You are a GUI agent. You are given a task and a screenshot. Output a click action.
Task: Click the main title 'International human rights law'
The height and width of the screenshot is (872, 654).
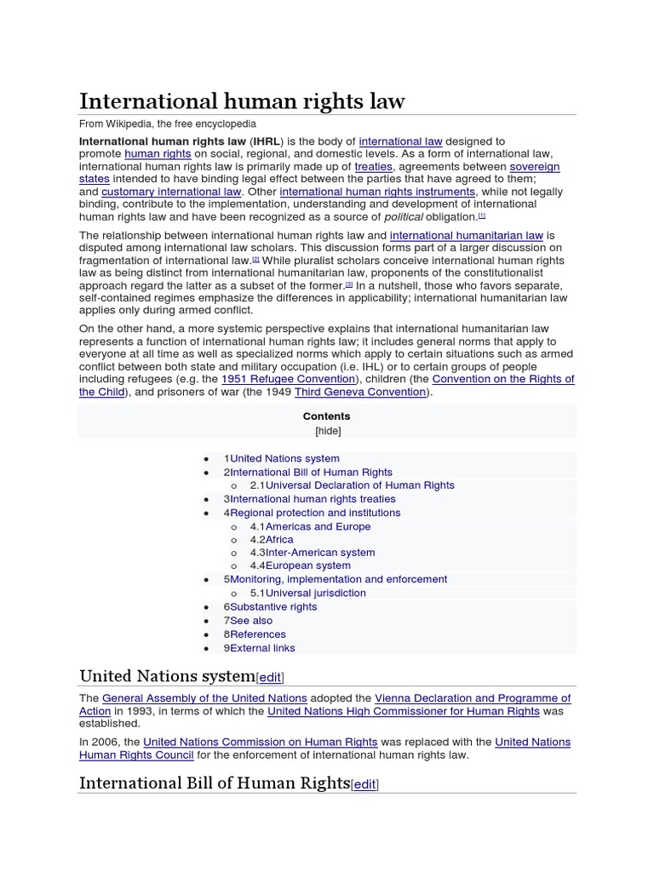click(x=242, y=101)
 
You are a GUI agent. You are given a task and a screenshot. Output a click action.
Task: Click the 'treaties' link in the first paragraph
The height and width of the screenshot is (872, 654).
click(x=373, y=167)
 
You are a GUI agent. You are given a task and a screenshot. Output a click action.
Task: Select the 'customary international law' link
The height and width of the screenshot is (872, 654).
click(x=171, y=192)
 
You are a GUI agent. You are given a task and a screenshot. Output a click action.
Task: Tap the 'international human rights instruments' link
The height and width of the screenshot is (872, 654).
click(x=377, y=192)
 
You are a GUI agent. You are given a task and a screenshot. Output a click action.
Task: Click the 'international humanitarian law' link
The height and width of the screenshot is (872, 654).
click(x=466, y=235)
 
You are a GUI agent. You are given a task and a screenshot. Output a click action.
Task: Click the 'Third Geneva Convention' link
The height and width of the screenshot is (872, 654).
click(x=360, y=392)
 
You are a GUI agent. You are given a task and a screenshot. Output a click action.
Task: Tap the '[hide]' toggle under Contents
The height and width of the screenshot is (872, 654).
click(x=327, y=431)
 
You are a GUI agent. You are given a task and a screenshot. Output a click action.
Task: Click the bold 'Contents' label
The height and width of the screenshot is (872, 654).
click(x=327, y=416)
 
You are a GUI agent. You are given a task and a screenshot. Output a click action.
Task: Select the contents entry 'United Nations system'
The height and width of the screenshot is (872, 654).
click(x=284, y=458)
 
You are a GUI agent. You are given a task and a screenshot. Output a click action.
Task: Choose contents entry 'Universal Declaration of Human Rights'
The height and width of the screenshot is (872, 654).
click(x=359, y=485)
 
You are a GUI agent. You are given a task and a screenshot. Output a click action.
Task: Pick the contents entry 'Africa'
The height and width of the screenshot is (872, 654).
click(x=279, y=540)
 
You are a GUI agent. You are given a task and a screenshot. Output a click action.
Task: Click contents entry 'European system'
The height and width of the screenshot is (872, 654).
click(x=307, y=565)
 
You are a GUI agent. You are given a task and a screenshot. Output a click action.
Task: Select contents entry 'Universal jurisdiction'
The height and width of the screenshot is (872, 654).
click(x=315, y=593)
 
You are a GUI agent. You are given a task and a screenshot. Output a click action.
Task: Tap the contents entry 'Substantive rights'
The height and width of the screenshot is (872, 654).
click(x=273, y=606)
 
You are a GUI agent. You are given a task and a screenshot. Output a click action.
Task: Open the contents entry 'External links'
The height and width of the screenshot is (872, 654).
click(x=262, y=648)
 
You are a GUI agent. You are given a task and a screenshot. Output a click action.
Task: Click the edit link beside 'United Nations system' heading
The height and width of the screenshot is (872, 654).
click(x=270, y=678)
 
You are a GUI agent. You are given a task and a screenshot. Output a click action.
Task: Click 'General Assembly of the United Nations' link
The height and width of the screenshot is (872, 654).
click(x=204, y=698)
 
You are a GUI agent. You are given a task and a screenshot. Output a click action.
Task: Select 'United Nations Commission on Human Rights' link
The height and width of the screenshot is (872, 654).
click(x=261, y=742)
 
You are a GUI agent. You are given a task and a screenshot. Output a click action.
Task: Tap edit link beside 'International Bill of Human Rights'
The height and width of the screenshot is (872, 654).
click(x=364, y=785)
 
